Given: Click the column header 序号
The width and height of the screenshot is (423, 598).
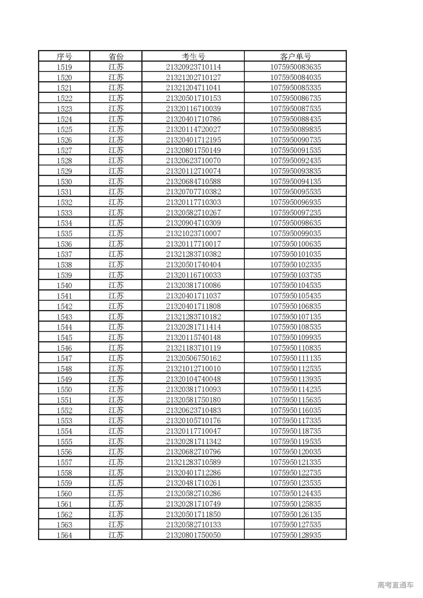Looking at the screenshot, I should (64, 56).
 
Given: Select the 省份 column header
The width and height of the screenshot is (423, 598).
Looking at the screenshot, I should (116, 56).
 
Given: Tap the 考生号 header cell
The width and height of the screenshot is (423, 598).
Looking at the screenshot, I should (193, 56).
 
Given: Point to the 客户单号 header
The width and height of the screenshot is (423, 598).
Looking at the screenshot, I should (295, 56).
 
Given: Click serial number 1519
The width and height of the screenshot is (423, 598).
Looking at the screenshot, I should (64, 67).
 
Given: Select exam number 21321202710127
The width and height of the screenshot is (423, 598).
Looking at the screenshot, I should (193, 77).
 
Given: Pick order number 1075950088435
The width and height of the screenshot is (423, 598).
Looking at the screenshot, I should (295, 119).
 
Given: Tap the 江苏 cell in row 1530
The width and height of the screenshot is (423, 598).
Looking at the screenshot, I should (116, 181).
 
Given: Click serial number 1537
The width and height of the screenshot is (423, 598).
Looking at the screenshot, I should (64, 254).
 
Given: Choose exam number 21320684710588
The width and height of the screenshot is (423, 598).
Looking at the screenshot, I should (193, 181).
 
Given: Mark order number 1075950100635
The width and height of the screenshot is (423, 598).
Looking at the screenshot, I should (295, 244).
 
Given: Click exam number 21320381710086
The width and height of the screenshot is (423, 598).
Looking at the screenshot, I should (193, 285).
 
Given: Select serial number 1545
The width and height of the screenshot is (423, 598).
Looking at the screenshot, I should (64, 337).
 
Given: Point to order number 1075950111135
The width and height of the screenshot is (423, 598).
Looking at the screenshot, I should (295, 358).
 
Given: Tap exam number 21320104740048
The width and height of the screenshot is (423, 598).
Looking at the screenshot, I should (193, 379).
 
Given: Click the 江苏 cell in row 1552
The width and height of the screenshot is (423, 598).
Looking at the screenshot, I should (116, 410).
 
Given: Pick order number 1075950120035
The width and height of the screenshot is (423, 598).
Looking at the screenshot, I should (295, 452).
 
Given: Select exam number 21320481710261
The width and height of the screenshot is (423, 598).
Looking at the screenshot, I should (193, 483).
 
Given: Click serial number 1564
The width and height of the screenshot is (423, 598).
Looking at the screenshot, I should (64, 535).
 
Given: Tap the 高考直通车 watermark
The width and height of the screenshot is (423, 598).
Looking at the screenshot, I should (395, 585).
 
